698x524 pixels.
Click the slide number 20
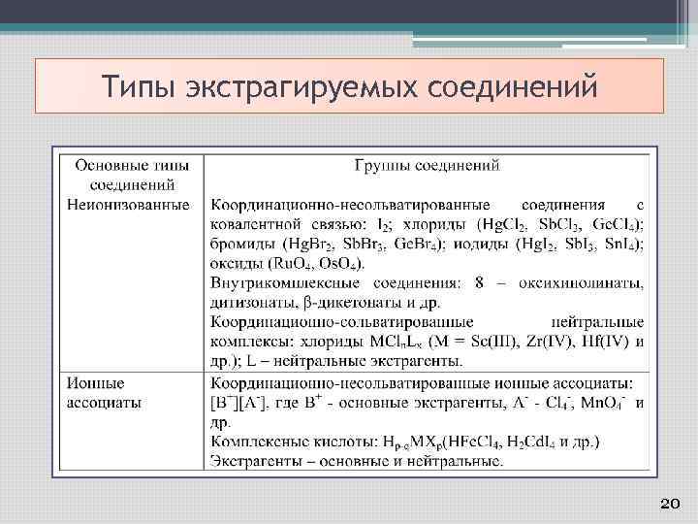[668, 503]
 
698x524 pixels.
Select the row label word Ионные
[96, 382]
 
